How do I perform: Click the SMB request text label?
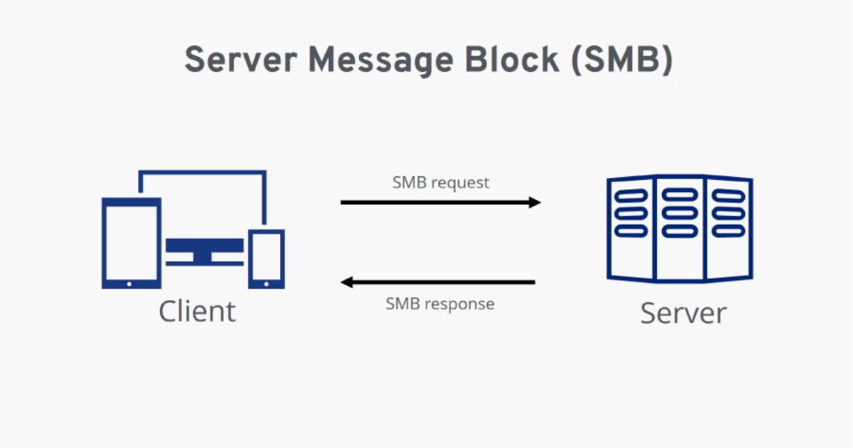(441, 183)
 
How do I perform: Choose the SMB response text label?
(439, 304)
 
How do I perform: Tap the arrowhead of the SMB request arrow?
(535, 203)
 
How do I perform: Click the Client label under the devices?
(197, 311)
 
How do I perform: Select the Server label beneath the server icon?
(683, 313)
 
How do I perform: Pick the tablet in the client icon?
(131, 242)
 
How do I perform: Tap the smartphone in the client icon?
(266, 257)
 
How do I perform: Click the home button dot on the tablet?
(129, 283)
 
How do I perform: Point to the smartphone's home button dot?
(266, 283)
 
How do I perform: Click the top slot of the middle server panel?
(679, 195)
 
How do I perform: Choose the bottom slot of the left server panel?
(631, 230)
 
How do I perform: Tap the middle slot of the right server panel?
(727, 213)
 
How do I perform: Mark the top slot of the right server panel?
(727, 195)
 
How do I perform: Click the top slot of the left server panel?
(631, 195)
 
